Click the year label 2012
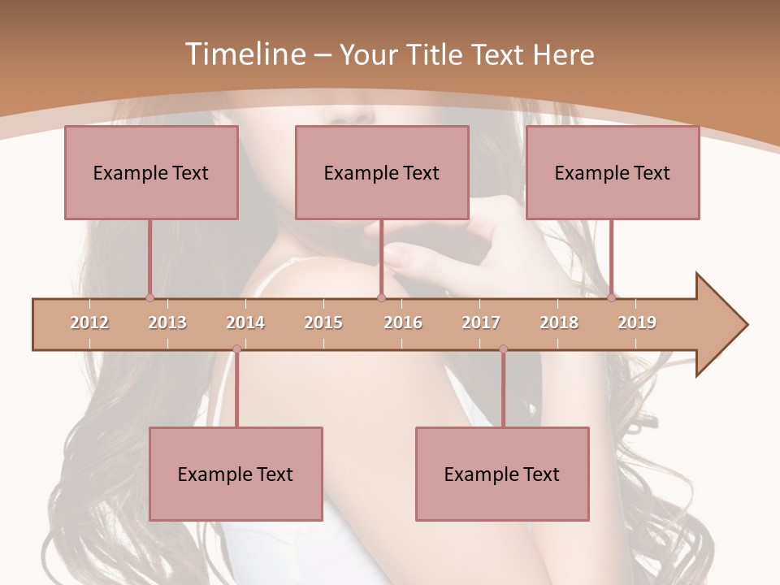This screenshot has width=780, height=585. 89,323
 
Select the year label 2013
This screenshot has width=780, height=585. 167,323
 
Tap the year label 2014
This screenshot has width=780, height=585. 245,323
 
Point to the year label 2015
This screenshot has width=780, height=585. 323,323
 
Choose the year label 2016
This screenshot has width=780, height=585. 403,323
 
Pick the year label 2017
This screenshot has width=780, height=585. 481,323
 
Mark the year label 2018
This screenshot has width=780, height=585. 559,323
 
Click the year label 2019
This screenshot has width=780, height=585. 637,323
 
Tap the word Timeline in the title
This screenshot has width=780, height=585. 244,54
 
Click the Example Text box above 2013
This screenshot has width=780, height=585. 151,172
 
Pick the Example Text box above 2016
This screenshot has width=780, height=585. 382,172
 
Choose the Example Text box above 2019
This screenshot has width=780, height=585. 613,172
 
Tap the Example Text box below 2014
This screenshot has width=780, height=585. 236,474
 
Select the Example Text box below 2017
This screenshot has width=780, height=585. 502,474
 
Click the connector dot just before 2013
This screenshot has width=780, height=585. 149,297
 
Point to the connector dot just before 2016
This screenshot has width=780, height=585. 381,297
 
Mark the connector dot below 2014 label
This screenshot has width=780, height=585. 236,349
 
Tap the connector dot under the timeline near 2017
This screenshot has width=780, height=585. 503,349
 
